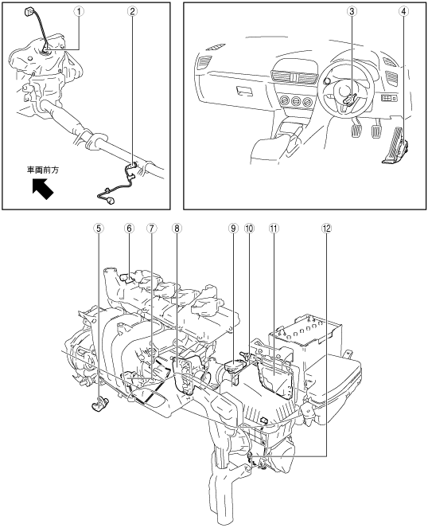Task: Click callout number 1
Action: click(79, 11)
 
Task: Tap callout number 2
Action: click(132, 11)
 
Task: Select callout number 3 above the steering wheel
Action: click(352, 11)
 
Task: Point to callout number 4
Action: click(403, 11)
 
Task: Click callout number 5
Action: click(99, 229)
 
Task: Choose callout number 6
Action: click(129, 229)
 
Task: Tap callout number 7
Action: click(151, 229)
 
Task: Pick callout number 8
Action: click(177, 229)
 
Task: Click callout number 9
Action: click(232, 229)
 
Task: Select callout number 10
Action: click(249, 229)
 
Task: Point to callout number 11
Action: click(274, 229)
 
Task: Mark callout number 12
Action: click(326, 229)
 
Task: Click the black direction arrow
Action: click(42, 189)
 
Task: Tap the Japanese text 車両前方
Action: click(43, 170)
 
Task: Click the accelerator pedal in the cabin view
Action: click(395, 146)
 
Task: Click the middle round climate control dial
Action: click(297, 100)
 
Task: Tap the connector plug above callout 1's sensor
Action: click(28, 13)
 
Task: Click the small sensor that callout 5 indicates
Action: click(99, 404)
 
